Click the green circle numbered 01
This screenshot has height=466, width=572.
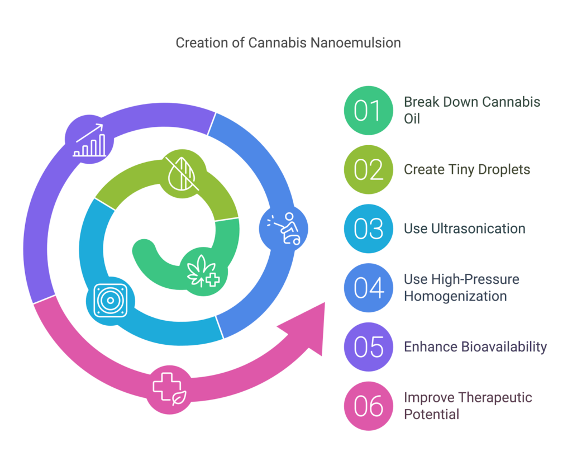(369, 111)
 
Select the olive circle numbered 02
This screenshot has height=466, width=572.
(369, 170)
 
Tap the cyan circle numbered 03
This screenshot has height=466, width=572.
(369, 229)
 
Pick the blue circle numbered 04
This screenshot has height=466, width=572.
(369, 288)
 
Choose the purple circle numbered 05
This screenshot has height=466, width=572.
(369, 347)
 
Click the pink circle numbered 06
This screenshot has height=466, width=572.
(369, 406)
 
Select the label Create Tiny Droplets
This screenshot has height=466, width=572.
(467, 170)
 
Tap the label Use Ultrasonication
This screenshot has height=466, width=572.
(464, 229)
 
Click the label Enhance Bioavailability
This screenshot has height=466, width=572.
(475, 347)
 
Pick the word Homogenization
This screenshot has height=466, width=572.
(455, 296)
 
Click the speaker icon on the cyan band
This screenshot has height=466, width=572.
(110, 301)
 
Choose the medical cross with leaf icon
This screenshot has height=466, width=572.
(170, 389)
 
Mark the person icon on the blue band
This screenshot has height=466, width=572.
(284, 229)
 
